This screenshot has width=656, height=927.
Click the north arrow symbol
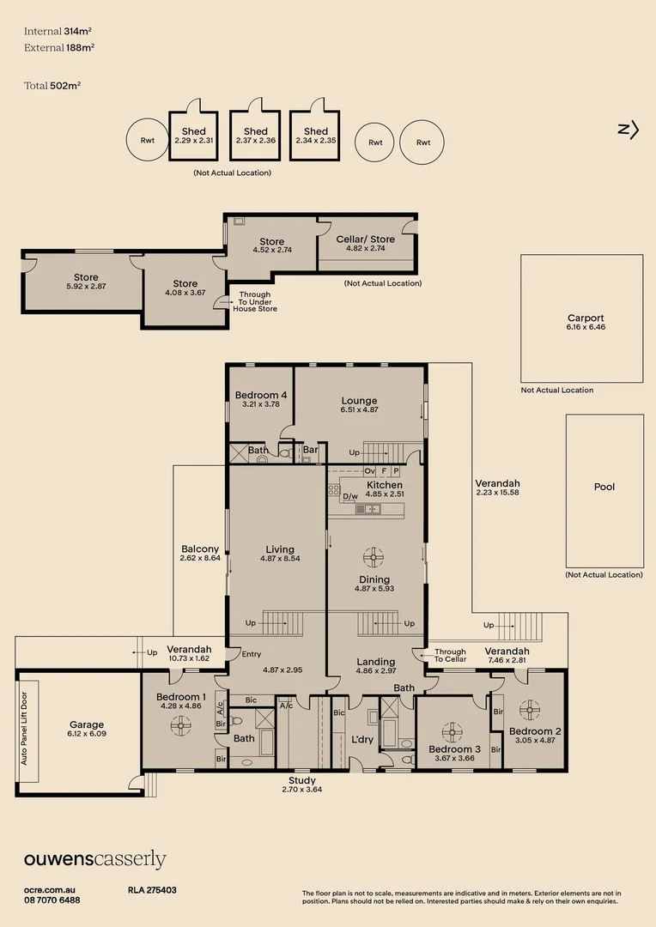[629, 130]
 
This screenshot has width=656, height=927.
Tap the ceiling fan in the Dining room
[374, 557]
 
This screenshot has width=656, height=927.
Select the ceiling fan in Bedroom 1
[179, 725]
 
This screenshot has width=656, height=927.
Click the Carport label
[586, 318]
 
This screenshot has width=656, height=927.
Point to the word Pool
[604, 487]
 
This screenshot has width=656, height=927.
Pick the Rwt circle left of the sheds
[148, 140]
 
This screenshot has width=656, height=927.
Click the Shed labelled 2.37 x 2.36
[256, 136]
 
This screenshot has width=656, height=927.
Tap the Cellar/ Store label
[366, 239]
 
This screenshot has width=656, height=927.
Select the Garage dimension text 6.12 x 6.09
[87, 734]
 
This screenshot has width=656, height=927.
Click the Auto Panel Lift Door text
[24, 729]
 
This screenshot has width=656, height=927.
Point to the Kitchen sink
[367, 508]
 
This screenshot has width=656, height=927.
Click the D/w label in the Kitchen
[350, 496]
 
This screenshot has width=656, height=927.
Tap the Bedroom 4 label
[261, 395]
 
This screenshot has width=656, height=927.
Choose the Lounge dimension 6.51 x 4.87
[360, 409]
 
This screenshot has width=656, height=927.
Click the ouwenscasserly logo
[95, 860]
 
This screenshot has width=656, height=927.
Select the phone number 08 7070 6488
[52, 900]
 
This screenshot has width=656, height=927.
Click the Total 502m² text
[52, 85]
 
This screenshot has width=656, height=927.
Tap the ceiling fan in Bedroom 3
[452, 732]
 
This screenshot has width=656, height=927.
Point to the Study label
[302, 780]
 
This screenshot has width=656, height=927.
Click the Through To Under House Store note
[255, 301]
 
